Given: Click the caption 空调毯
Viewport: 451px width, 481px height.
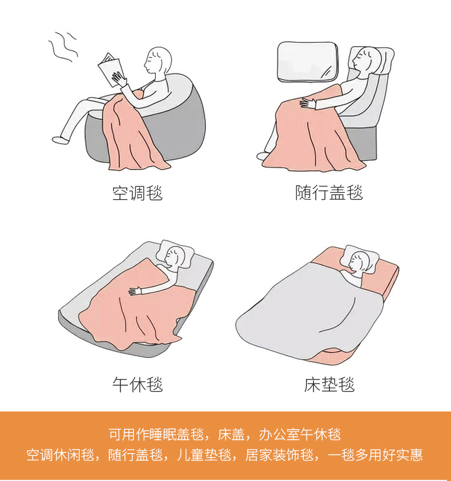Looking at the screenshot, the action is click(138, 193).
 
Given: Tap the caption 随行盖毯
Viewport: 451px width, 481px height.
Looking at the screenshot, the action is click(329, 193).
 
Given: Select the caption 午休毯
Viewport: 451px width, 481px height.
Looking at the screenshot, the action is click(138, 384).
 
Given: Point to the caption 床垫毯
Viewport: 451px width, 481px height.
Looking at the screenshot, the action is click(329, 384).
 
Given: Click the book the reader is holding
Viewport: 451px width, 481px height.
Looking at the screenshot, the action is click(111, 70).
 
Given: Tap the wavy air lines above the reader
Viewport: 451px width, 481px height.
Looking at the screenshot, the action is click(62, 47).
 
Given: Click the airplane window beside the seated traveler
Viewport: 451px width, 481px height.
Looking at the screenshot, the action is click(308, 62).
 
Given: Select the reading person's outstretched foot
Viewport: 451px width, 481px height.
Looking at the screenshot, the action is click(61, 140).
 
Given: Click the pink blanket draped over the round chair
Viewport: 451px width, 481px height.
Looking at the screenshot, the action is click(132, 135).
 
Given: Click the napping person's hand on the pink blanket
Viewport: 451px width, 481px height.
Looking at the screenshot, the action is click(135, 291).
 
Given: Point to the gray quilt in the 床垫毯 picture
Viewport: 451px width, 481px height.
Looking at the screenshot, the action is click(311, 313).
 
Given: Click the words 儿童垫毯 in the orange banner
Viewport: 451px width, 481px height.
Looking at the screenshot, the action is click(204, 455).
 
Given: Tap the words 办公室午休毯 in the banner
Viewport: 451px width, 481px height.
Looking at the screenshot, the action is click(300, 434).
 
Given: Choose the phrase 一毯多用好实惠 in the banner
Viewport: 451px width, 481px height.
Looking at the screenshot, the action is click(375, 455).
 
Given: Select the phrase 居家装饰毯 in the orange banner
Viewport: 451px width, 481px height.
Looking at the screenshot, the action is click(279, 455).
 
